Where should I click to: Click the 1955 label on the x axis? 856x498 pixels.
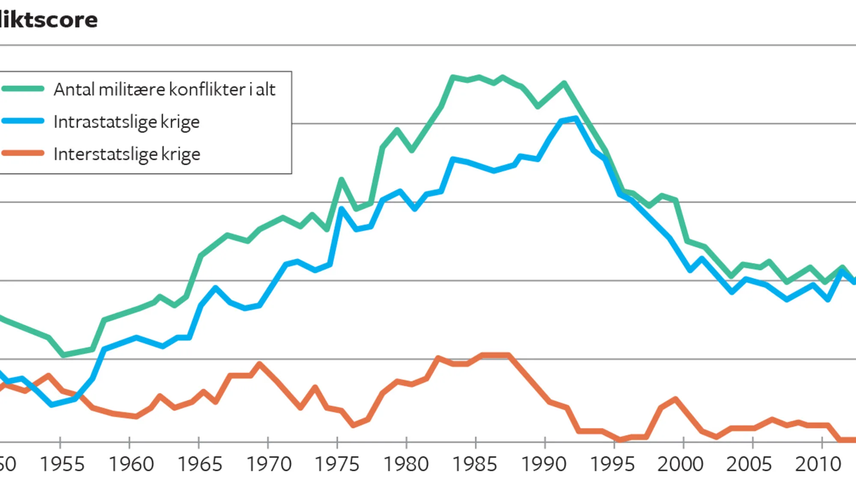[62, 464]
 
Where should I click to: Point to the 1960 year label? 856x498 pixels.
[131, 464]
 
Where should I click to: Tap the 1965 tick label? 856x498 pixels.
[200, 464]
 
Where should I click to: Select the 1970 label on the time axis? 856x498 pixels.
[269, 464]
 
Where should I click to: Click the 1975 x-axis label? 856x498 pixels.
[337, 464]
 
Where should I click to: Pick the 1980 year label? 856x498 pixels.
[406, 464]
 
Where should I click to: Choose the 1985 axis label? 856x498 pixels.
[475, 464]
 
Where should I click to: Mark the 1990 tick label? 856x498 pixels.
[544, 464]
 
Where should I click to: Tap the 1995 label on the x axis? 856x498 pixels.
[612, 464]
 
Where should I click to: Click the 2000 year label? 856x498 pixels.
[681, 464]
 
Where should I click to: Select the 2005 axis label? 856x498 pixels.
[749, 464]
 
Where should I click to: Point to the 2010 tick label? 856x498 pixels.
[818, 464]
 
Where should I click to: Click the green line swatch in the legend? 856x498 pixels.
[23, 89]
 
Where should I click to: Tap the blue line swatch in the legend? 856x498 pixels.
[23, 121]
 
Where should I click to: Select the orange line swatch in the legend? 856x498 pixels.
[23, 153]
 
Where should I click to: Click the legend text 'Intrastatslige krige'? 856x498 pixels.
[127, 122]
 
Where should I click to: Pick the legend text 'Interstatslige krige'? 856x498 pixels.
[127, 154]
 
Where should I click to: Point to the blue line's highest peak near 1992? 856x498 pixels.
[576, 118]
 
